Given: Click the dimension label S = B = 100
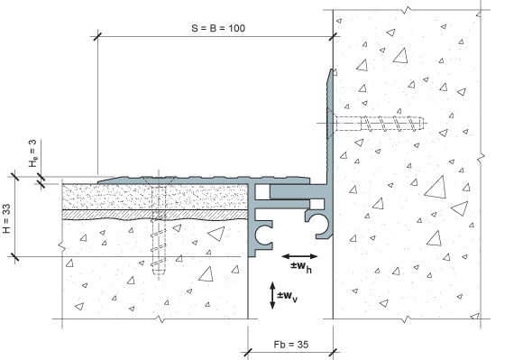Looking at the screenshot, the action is (218, 28).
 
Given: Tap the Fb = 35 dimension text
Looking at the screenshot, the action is (291, 345).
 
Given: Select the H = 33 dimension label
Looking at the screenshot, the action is (6, 218).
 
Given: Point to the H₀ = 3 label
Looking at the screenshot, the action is (32, 153).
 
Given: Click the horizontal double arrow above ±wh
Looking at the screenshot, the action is (299, 256).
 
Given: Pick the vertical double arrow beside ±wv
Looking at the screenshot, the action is (272, 295).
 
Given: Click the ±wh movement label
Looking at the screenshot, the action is (301, 267).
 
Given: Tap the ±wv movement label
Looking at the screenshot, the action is (287, 296).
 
